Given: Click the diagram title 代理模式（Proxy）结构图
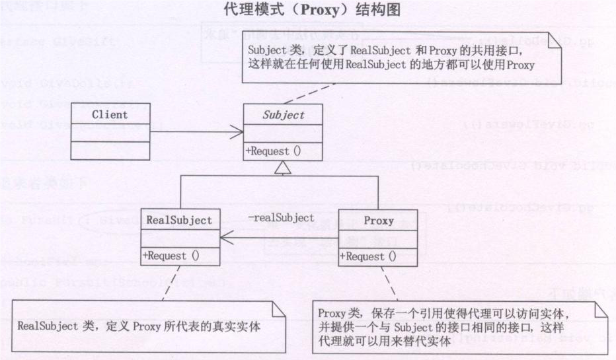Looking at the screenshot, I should (307, 11).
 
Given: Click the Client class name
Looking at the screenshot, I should (110, 114).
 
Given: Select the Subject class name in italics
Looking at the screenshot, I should (284, 115).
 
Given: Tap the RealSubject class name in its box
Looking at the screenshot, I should (180, 220).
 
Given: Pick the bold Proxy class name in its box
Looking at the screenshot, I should (378, 221).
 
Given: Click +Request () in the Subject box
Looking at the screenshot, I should (273, 150).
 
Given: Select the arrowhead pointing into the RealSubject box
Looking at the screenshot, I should (225, 237).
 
